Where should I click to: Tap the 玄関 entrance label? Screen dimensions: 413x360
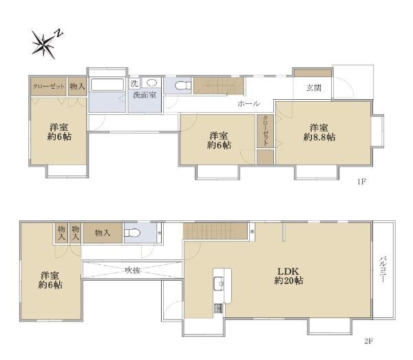(x=314, y=88)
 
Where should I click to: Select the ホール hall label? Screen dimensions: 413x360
(x=248, y=104)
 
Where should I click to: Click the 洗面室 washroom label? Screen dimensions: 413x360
(x=145, y=95)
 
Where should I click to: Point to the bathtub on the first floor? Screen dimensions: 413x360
(x=107, y=85)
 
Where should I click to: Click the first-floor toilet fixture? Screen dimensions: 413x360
(x=183, y=85)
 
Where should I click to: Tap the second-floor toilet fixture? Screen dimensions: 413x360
(x=132, y=233)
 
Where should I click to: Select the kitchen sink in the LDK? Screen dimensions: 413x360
(x=219, y=284)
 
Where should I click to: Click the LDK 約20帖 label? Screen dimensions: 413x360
(x=288, y=276)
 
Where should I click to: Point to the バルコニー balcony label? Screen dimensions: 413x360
(x=383, y=269)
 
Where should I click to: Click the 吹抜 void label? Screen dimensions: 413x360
(x=132, y=271)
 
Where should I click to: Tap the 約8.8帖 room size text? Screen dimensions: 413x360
(x=319, y=137)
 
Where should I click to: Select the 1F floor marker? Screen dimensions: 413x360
(x=362, y=182)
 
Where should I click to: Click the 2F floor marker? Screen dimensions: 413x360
(x=369, y=341)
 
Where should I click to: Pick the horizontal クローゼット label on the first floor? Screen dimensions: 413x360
(x=48, y=86)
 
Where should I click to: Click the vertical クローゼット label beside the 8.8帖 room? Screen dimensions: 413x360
(x=266, y=131)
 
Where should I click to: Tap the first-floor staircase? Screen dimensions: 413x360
(x=218, y=85)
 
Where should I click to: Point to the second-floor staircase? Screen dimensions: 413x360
(x=216, y=231)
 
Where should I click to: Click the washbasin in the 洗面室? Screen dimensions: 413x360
(x=151, y=83)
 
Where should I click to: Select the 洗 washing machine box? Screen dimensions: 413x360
(x=135, y=83)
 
